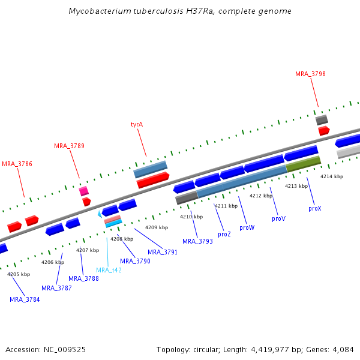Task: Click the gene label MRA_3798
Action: pos(310,74)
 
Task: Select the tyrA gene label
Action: pos(137,125)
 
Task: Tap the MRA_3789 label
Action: pos(69,146)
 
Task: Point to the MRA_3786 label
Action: pos(17,164)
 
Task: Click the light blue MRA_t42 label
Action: pos(109,270)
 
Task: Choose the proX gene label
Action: pos(315,208)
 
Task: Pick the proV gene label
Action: pos(278,219)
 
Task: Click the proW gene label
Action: pos(247,228)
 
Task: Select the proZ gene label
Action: pos(224,234)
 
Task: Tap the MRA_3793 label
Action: pos(197,241)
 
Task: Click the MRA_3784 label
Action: pos(25,299)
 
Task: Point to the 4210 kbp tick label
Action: pos(191,217)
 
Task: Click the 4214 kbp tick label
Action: pos(332,176)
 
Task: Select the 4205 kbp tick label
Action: pos(18,274)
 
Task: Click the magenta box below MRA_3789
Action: pos(83,191)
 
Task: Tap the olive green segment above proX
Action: pos(303,163)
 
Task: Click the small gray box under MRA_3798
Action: pos(322,120)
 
